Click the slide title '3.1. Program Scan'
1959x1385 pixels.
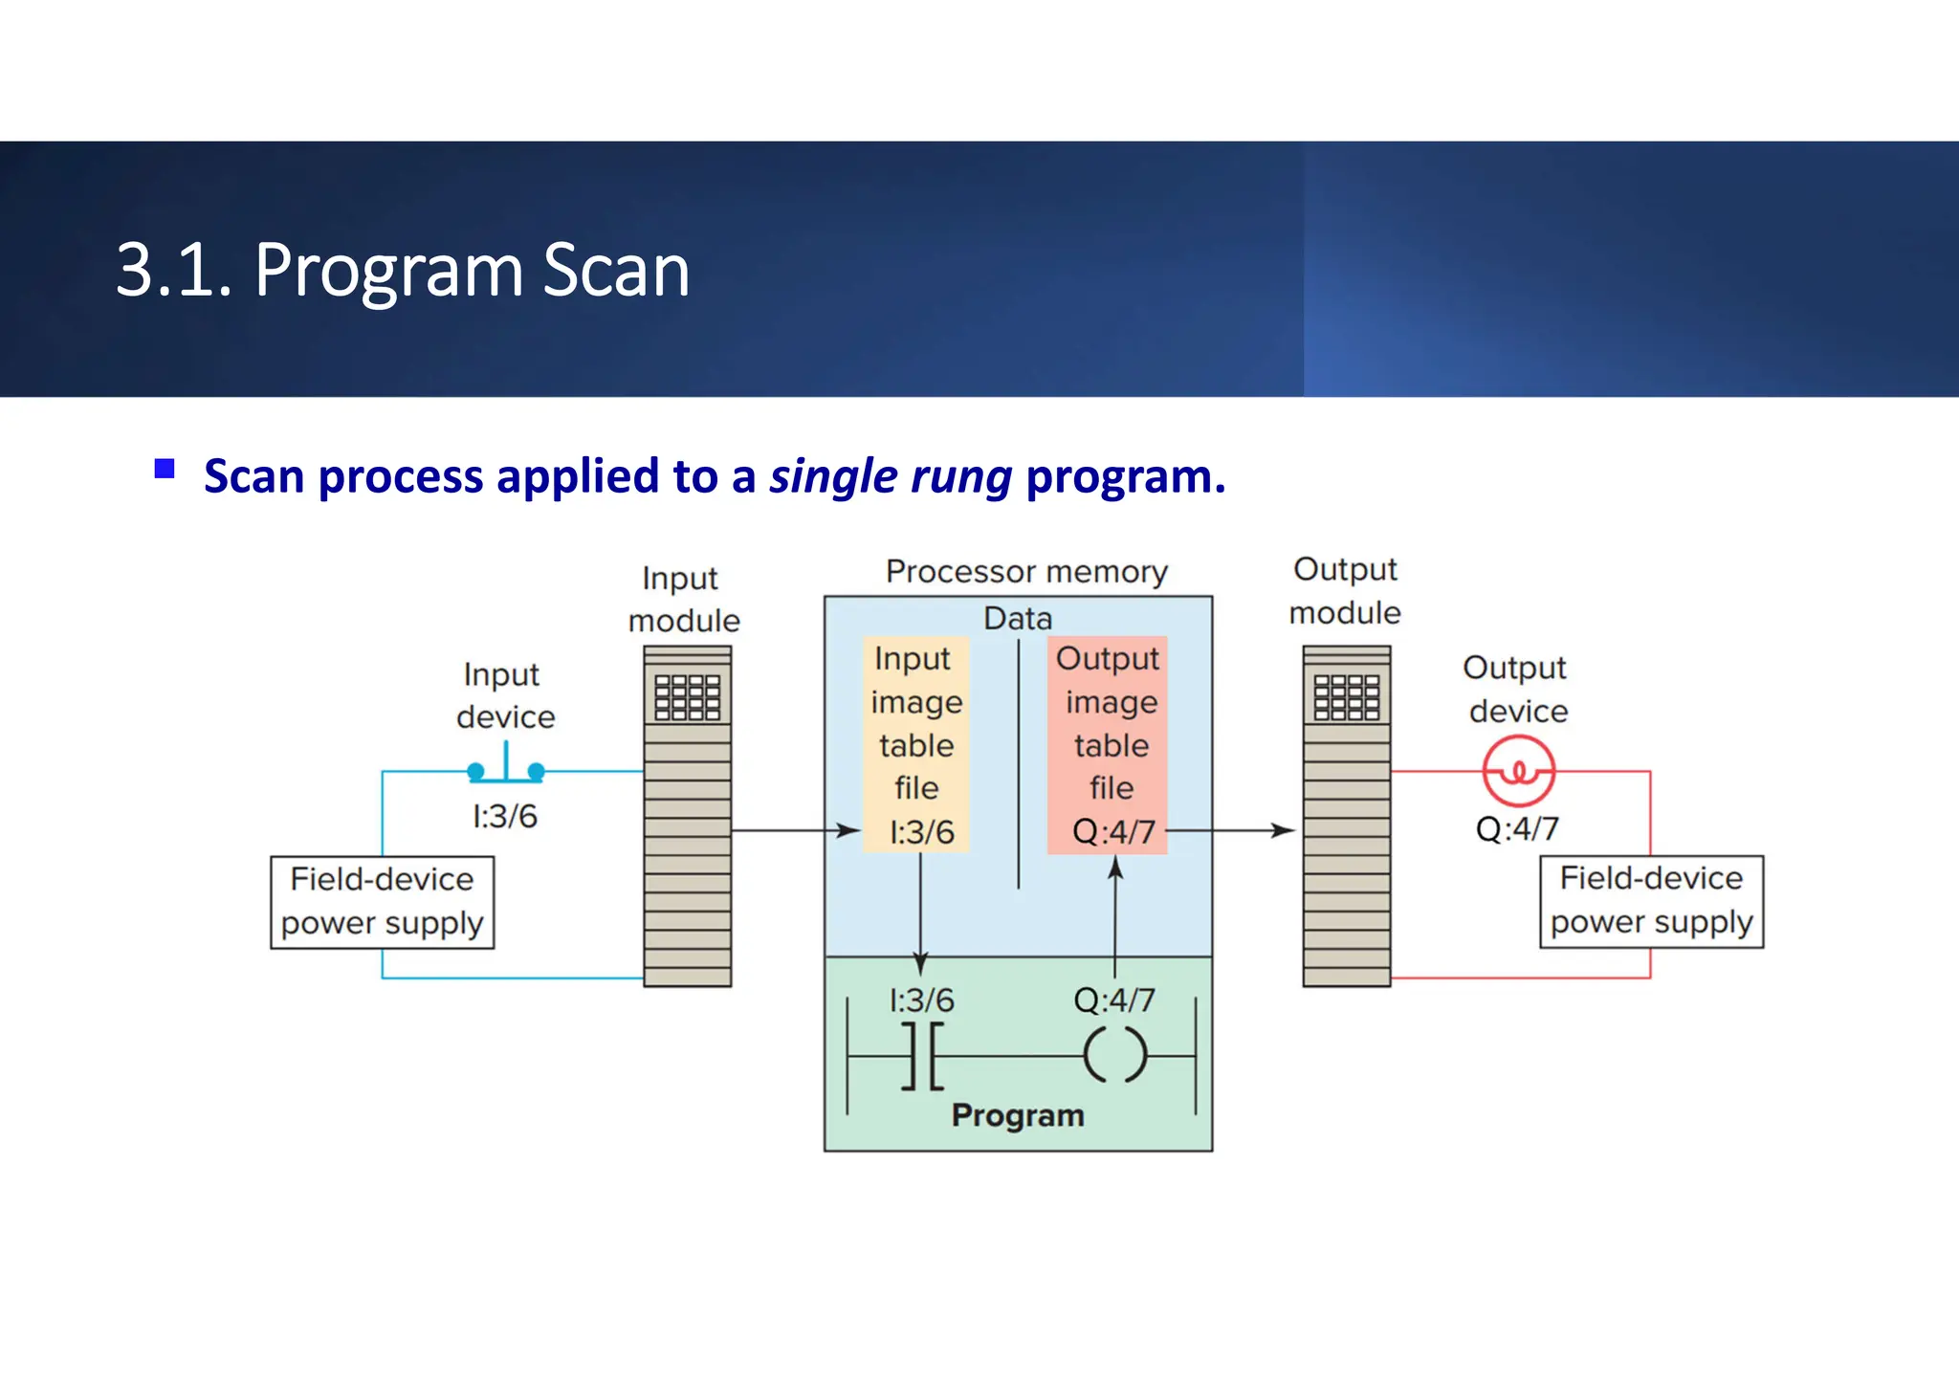[403, 271]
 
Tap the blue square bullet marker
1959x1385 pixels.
[165, 469]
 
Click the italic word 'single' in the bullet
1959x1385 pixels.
[832, 476]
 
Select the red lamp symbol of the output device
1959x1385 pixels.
[1518, 771]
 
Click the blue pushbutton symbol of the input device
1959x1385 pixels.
[506, 765]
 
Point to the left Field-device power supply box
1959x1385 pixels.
[382, 902]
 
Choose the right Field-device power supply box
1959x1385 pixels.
[1651, 901]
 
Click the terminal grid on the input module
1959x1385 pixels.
[687, 696]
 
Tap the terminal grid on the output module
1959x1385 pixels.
[1346, 696]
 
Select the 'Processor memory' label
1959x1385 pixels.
[1026, 572]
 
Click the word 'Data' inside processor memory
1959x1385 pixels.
[1018, 619]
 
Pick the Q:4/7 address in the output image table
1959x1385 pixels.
[1113, 831]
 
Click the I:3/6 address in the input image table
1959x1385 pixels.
[921, 831]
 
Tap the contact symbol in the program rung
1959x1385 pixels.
[922, 1056]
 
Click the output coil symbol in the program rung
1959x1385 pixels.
[1114, 1055]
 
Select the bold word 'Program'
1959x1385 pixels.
[1018, 1115]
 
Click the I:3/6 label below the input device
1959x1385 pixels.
[505, 816]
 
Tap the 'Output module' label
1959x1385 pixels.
[1345, 591]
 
